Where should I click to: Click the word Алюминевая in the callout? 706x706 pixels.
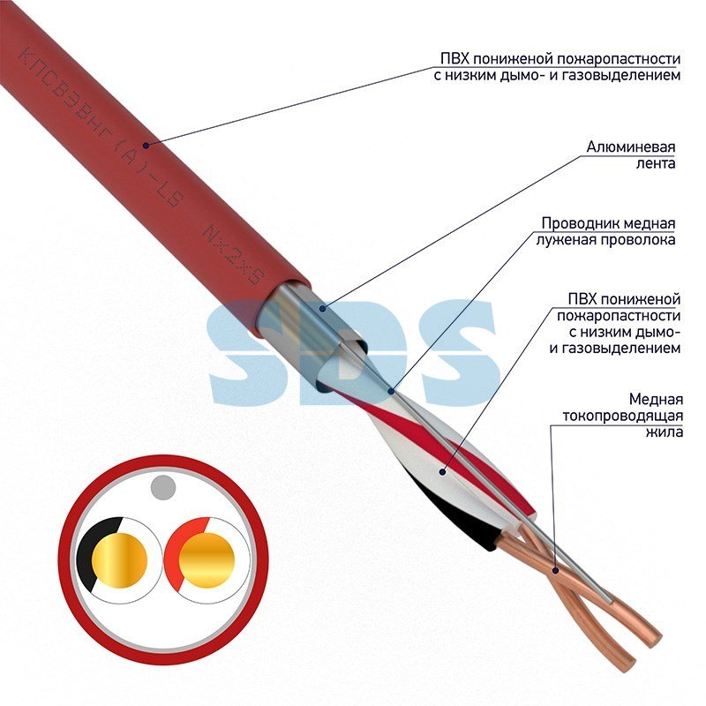click(630, 146)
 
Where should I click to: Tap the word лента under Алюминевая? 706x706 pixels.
click(655, 163)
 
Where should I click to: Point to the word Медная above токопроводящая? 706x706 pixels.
click(656, 399)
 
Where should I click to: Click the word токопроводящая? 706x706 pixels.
click(622, 416)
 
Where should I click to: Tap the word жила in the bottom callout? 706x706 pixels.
click(665, 432)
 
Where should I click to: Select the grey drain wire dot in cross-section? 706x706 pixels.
click(163, 487)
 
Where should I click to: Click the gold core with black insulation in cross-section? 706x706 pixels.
click(119, 560)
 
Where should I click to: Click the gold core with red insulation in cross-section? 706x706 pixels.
click(207, 560)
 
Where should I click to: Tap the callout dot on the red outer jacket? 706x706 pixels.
click(146, 145)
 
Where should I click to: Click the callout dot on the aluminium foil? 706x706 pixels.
click(322, 308)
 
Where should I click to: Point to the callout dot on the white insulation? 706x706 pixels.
click(443, 472)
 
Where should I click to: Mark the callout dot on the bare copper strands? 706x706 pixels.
click(556, 570)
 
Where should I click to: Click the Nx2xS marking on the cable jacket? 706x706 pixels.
click(234, 256)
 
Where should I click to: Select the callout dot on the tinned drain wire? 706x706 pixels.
click(391, 391)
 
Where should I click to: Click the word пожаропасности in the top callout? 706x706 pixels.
click(618, 58)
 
